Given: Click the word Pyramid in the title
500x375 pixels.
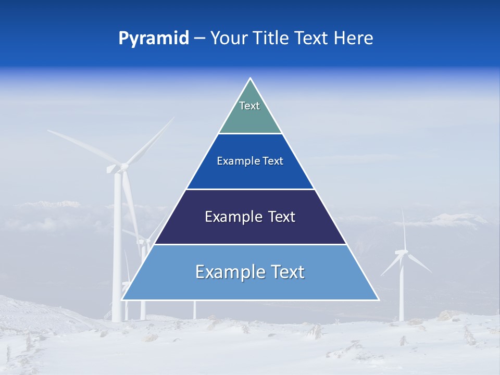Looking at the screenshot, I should click(154, 39).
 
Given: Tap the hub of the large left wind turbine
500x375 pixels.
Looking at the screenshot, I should click(123, 167).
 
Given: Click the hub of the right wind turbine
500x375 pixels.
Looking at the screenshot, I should click(402, 252).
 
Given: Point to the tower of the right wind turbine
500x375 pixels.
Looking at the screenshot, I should click(402, 292).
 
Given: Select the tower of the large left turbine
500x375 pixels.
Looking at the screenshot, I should click(118, 245).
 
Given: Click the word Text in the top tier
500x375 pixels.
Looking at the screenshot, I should click(249, 106).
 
